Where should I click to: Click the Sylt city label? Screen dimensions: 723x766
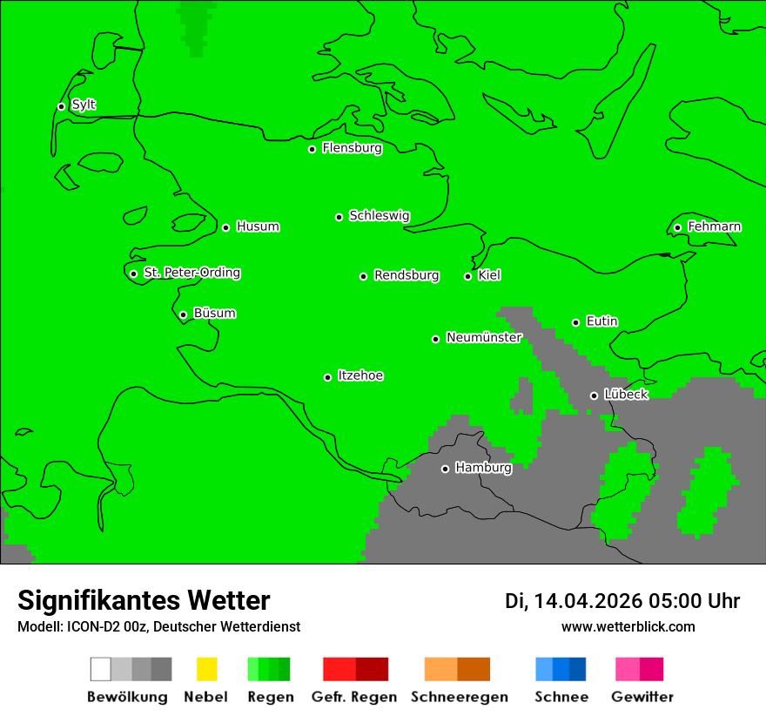pos(84,105)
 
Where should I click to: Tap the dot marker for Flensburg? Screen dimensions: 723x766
pos(312,149)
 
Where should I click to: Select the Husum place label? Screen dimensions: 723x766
pos(258,226)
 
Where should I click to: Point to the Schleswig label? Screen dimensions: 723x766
pos(379,215)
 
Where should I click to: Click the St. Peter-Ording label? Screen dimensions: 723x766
pos(191,273)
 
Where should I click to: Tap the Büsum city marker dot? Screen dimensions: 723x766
pos(183,314)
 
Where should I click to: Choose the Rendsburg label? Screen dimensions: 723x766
pos(406,275)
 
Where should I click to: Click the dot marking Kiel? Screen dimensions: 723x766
pos(467,276)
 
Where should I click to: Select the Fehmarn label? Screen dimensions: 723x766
pos(714,226)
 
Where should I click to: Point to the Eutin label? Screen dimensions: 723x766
pos(601,321)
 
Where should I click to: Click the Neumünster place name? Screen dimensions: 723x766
pos(483,337)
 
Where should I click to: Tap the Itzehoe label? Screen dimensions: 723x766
pos(360,375)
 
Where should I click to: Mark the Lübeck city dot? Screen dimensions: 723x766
pos(594,395)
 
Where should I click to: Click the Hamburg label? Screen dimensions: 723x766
pos(483,468)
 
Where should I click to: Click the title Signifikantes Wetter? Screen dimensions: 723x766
pos(144,600)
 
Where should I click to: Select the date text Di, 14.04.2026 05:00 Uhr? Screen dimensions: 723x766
pos(622,601)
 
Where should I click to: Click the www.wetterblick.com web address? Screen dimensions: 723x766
pos(628,626)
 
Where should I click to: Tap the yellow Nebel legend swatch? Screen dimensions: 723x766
pos(206,669)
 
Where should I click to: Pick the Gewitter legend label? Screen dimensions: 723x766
pos(642,697)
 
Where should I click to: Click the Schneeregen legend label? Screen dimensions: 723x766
pos(459,697)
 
